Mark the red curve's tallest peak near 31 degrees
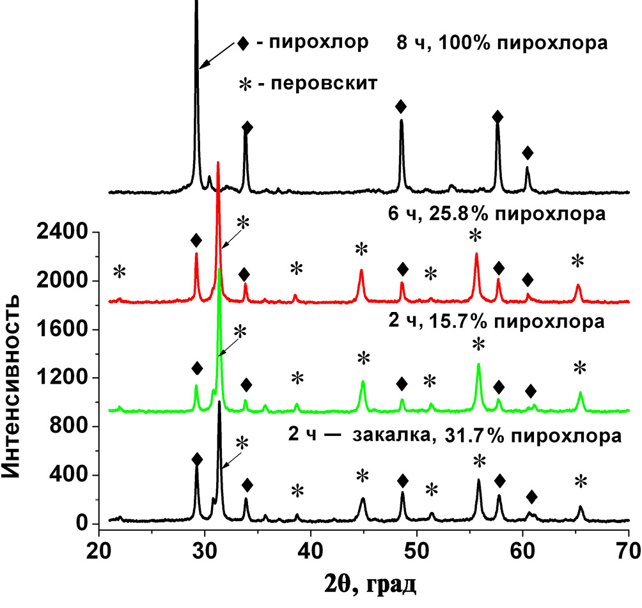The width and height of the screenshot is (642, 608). [218, 164]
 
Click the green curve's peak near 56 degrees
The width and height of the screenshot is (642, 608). [478, 365]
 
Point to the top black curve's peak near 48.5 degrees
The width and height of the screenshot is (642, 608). [402, 121]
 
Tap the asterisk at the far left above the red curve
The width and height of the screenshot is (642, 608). [120, 272]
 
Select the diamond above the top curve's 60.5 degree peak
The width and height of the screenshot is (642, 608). [528, 153]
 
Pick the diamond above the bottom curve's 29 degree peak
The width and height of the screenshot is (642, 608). [197, 460]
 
